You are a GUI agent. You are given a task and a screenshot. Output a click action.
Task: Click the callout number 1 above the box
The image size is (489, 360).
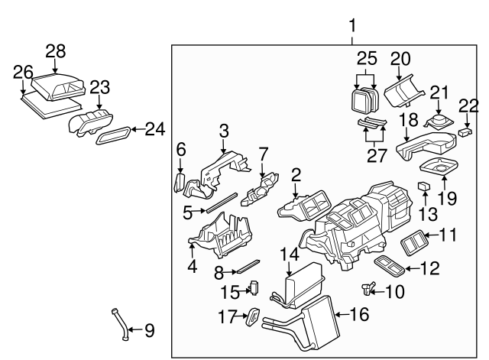pyautogui.click(x=352, y=27)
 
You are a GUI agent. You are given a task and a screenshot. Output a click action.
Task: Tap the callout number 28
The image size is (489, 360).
pyautogui.click(x=55, y=51)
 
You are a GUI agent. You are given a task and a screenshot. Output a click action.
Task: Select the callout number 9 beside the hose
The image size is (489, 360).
pyautogui.click(x=149, y=331)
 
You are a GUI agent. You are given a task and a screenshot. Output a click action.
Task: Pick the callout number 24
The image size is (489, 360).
pyautogui.click(x=155, y=130)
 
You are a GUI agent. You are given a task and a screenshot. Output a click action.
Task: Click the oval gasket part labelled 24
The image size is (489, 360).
pyautogui.click(x=113, y=137)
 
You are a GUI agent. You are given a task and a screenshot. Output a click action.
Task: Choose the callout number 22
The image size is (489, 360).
pyautogui.click(x=468, y=104)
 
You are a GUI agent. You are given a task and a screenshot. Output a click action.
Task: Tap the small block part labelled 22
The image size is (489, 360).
pyautogui.click(x=465, y=132)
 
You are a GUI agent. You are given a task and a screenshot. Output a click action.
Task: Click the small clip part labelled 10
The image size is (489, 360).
pyautogui.click(x=369, y=287)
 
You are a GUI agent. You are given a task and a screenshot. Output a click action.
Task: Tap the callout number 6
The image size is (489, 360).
pyautogui.click(x=180, y=150)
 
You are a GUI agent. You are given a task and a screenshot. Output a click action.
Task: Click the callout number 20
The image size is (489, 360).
pyautogui.click(x=401, y=59)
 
